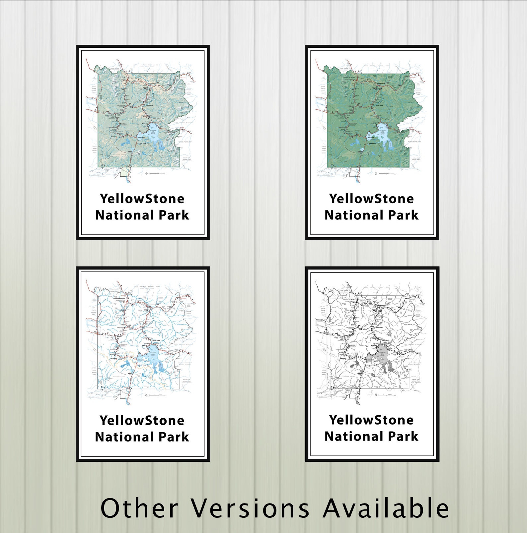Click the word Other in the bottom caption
point(139,508)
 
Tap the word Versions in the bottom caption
point(251,508)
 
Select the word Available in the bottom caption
point(386,508)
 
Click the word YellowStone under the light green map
point(142,199)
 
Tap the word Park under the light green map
point(174,215)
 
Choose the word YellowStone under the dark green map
point(371,199)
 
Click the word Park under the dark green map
point(403,215)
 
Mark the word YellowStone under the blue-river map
point(142,421)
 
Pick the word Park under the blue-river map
point(174,437)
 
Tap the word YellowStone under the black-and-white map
point(371,420)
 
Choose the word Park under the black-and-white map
point(403,437)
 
